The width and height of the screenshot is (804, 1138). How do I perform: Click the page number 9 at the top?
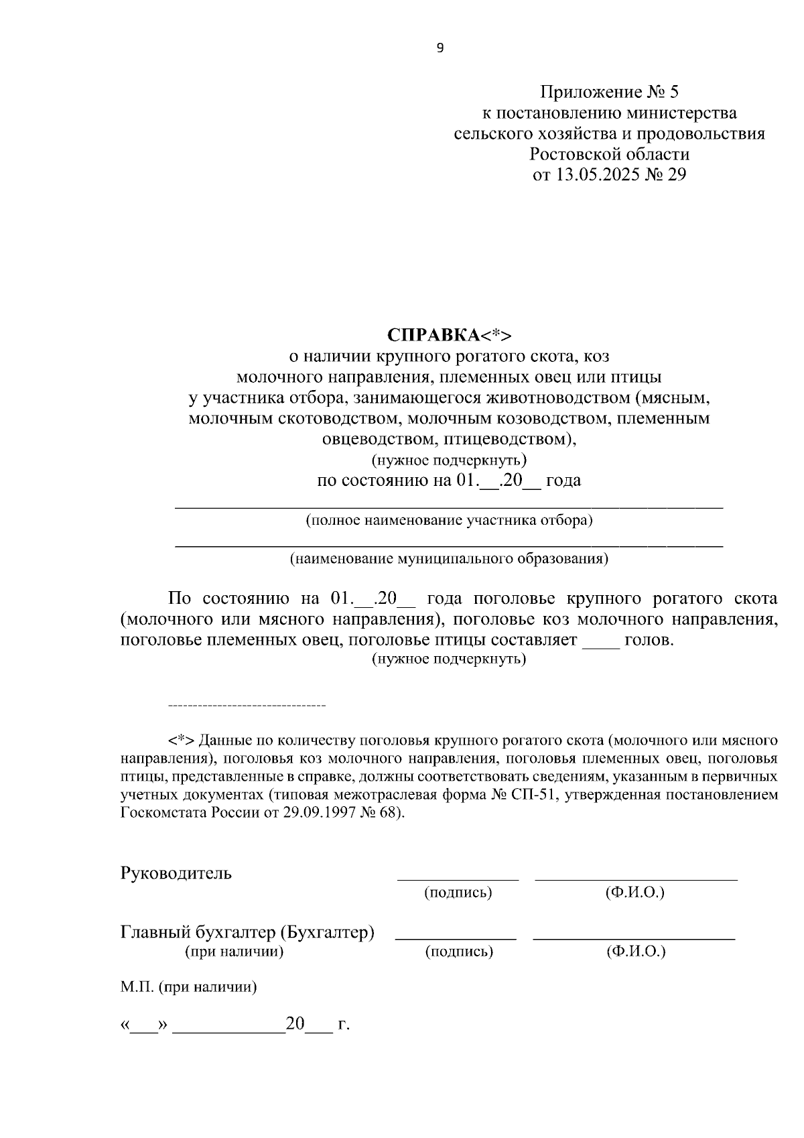[x=440, y=48]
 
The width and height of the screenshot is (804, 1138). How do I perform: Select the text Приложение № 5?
[x=609, y=92]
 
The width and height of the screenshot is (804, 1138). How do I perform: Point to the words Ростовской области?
[x=609, y=155]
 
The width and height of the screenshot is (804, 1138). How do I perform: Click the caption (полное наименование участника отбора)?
[x=449, y=520]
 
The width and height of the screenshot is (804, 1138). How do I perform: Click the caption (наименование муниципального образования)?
[x=449, y=559]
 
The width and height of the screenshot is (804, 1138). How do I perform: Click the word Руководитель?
[x=176, y=873]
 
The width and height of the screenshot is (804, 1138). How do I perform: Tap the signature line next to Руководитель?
[x=458, y=877]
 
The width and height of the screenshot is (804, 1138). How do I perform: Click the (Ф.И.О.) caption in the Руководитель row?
[x=634, y=893]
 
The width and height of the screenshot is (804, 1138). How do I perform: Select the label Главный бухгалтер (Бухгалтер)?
[x=247, y=932]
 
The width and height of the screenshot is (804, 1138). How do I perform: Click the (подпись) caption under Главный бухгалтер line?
[x=459, y=952]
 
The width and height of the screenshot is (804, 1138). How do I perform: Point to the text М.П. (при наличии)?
[x=189, y=987]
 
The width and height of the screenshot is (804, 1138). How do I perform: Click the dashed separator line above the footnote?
[x=247, y=706]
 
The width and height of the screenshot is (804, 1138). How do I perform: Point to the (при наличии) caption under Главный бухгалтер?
[x=234, y=952]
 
